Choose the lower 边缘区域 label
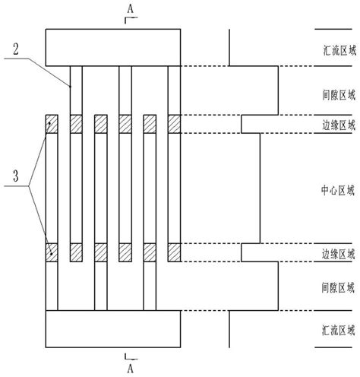click(x=334, y=254)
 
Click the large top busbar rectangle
click(x=113, y=46)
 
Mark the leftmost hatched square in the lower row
click(x=52, y=252)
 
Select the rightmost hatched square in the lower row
click(x=175, y=252)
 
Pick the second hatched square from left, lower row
click(x=76, y=252)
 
